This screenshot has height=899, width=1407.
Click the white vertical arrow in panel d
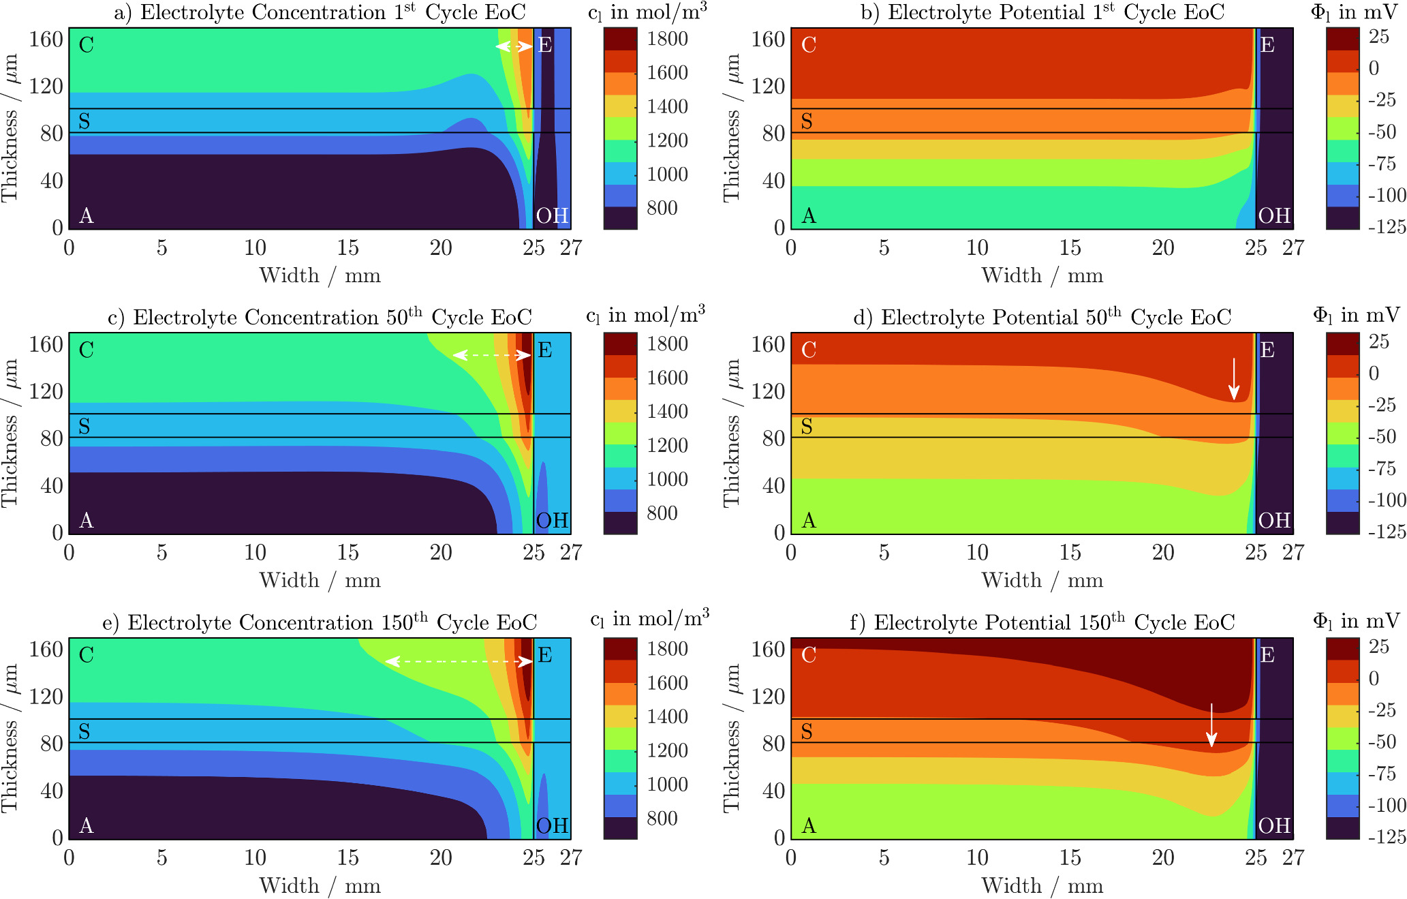pos(1234,379)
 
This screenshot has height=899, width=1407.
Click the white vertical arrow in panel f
pos(1211,725)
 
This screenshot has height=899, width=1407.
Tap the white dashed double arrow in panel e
pos(459,661)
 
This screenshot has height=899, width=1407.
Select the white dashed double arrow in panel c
pos(491,355)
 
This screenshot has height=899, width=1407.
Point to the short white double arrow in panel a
pos(514,46)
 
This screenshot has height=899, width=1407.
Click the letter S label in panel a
pos(84,121)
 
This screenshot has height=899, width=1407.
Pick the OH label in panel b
pos(1274,215)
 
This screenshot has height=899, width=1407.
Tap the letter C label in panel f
pos(809,655)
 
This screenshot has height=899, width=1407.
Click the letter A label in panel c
pos(86,521)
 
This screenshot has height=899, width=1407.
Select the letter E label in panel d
pos(1267,350)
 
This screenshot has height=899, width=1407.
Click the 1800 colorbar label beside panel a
pos(667,39)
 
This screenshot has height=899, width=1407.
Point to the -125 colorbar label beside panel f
pos(1387,836)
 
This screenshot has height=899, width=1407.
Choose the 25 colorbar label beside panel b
pos(1379,37)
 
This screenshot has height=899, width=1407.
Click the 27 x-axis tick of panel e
pos(571,857)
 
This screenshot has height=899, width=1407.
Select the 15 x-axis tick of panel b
pos(1070,247)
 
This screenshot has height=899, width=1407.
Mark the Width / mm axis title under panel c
pos(320,581)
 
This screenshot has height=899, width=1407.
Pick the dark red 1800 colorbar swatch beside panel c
pos(621,344)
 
